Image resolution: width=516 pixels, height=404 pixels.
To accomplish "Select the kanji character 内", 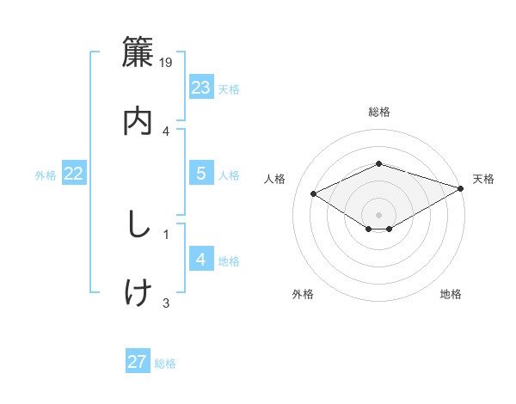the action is [138, 120].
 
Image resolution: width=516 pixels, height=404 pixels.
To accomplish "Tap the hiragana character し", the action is [138, 225].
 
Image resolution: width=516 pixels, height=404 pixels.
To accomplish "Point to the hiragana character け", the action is [138, 292].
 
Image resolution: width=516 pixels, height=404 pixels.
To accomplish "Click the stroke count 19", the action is [167, 62].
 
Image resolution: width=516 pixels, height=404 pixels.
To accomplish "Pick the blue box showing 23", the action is [201, 88].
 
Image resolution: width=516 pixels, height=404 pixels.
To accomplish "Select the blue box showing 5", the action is [201, 174].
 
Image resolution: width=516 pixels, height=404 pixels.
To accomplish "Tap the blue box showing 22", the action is [74, 174].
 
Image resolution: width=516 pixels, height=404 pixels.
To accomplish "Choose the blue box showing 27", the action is [138, 362].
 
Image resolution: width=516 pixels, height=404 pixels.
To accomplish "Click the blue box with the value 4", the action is [201, 260].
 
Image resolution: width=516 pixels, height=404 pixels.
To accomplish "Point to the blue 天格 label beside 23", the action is [229, 89].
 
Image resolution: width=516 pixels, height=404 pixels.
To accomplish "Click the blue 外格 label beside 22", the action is [46, 174].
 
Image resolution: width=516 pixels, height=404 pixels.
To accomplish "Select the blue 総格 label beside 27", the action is [165, 363].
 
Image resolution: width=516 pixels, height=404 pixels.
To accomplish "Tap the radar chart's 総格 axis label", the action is [378, 112].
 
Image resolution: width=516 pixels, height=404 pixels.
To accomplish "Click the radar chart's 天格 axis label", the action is [483, 179].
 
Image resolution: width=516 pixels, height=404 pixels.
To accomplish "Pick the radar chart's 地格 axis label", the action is [451, 294].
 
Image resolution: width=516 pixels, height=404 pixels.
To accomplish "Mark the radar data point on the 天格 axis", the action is [462, 187].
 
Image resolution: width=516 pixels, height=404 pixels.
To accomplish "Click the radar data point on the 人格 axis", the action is [314, 193].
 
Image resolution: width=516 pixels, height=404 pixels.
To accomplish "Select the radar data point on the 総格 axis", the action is [378, 163].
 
